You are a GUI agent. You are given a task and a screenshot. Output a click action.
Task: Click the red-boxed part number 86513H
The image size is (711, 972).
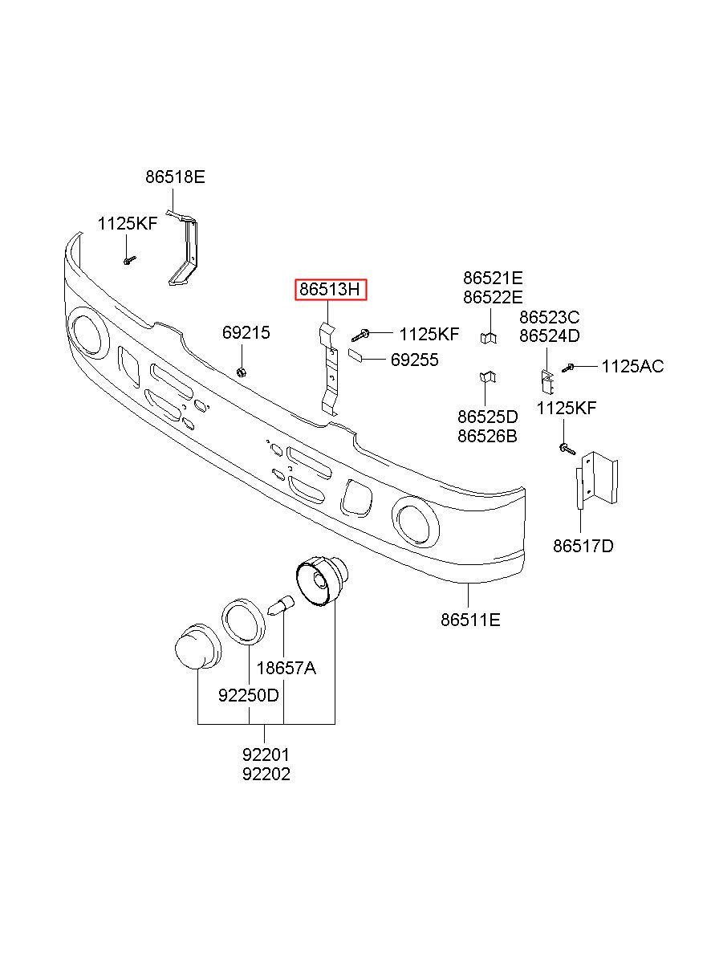[330, 289]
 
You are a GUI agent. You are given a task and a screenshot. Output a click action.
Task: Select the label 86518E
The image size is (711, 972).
[175, 177]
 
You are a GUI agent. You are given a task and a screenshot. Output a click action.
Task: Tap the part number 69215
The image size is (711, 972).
[246, 333]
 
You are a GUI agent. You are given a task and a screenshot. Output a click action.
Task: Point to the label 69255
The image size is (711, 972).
[414, 360]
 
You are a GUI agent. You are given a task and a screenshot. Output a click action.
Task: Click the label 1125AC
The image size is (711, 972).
[632, 367]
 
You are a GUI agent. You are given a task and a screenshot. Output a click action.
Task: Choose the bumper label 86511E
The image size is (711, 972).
[470, 620]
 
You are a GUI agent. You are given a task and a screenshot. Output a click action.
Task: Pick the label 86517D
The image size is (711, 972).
[583, 546]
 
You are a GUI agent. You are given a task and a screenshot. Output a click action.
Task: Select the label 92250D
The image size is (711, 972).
[249, 696]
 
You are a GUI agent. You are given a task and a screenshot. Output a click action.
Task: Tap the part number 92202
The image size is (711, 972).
[266, 774]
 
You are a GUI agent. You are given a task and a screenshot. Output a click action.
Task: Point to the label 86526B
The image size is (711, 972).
[487, 436]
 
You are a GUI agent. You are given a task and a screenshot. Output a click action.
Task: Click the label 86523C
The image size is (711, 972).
[549, 318]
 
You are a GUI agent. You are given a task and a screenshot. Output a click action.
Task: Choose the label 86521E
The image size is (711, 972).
[493, 278]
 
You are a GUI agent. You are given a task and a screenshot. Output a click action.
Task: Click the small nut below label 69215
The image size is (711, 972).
[242, 372]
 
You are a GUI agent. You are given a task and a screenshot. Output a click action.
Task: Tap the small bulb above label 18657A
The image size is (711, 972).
[281, 604]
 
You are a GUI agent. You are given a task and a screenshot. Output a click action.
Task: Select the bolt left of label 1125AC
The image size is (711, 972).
[568, 368]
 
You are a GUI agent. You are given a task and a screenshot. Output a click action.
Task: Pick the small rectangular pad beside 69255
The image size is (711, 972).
[355, 355]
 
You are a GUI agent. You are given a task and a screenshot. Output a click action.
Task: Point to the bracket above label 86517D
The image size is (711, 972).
[596, 479]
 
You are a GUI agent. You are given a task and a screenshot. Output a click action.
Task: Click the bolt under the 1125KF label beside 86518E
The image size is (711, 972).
[129, 260]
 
